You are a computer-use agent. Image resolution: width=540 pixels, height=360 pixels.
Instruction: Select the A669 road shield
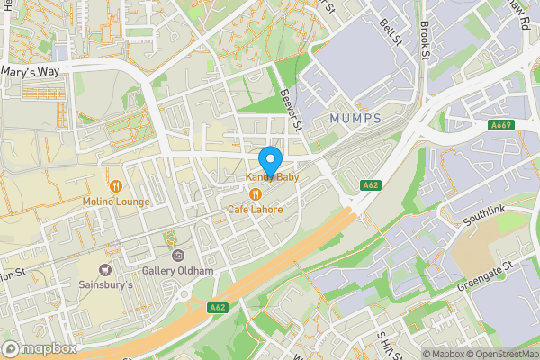[x=502, y=125]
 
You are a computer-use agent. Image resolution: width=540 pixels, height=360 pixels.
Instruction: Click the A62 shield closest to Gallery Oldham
[x=217, y=307]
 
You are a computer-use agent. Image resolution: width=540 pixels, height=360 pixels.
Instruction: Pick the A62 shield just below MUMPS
[x=369, y=185]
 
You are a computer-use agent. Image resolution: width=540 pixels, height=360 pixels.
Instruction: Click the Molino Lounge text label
[x=116, y=202]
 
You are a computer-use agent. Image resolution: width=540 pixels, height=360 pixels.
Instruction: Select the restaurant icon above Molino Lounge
[x=115, y=186]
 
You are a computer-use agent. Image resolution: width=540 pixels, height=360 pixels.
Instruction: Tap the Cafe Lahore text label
[x=255, y=210]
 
